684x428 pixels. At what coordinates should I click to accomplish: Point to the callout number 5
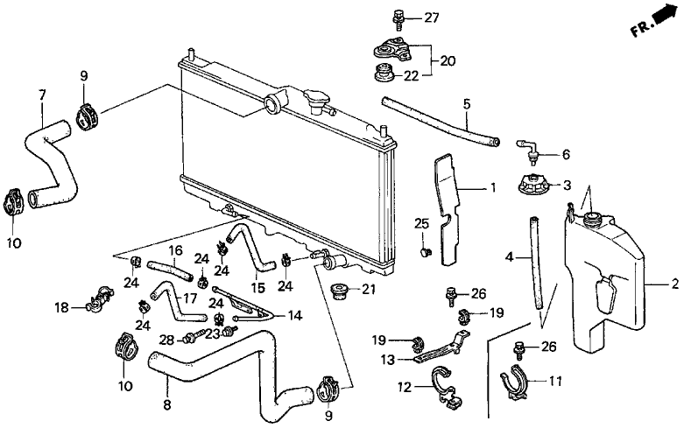[x=467, y=105]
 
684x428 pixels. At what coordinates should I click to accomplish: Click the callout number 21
[x=368, y=290]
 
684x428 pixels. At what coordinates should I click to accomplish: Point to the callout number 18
[x=60, y=306]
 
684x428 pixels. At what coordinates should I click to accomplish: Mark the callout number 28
[x=166, y=339]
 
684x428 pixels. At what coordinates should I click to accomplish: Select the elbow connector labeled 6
[x=527, y=145]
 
